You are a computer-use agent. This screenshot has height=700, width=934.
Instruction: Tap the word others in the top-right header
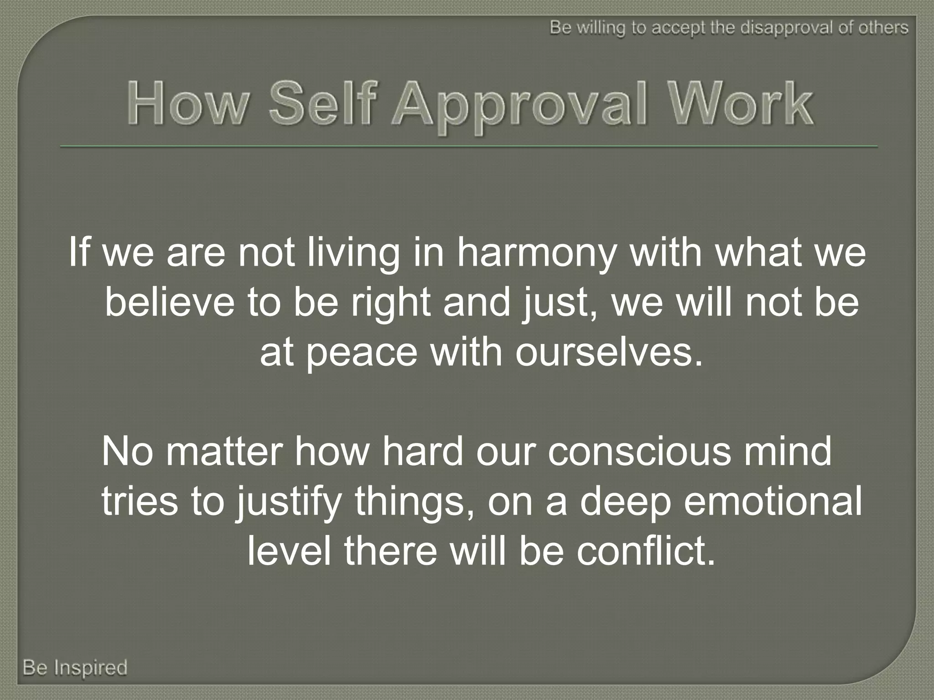click(x=883, y=28)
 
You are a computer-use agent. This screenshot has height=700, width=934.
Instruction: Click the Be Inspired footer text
click(x=75, y=668)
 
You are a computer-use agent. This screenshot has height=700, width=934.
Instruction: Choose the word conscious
click(x=639, y=452)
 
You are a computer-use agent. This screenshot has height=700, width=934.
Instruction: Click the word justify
click(x=288, y=502)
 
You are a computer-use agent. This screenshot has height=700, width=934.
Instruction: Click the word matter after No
click(x=224, y=452)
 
